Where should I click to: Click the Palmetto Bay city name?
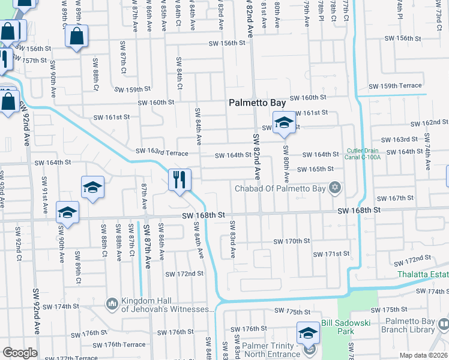click(258, 103)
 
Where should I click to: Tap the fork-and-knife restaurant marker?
click(179, 179)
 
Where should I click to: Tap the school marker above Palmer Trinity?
click(308, 332)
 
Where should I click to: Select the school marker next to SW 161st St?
click(284, 123)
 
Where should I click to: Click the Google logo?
click(20, 352)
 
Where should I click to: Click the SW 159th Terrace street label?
click(395, 86)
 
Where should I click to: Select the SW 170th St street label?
click(291, 241)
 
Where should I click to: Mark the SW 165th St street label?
click(315, 169)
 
